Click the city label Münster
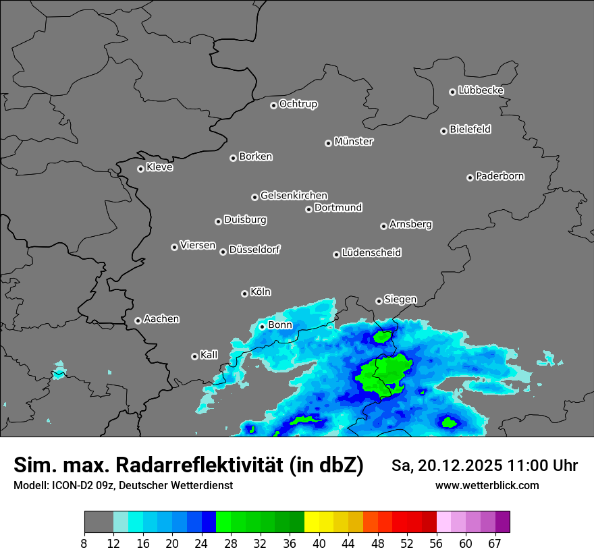pyautogui.click(x=354, y=142)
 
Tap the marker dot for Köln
pyautogui.click(x=244, y=293)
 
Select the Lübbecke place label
pyautogui.click(x=481, y=90)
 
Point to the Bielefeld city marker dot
pyautogui.click(x=443, y=131)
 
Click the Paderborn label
pyautogui.click(x=500, y=176)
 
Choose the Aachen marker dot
pyautogui.click(x=138, y=320)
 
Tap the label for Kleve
pyautogui.click(x=159, y=167)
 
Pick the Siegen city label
pyautogui.click(x=400, y=300)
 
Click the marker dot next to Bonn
pyautogui.click(x=263, y=327)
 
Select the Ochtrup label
pyautogui.click(x=298, y=104)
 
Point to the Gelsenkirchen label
pyautogui.click(x=294, y=196)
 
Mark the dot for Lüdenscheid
pyautogui.click(x=336, y=254)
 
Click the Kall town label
pyautogui.click(x=209, y=355)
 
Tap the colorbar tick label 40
pyautogui.click(x=319, y=544)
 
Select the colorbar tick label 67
pyautogui.click(x=495, y=544)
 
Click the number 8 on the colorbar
pyautogui.click(x=84, y=544)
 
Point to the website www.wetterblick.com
pyautogui.click(x=487, y=486)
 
